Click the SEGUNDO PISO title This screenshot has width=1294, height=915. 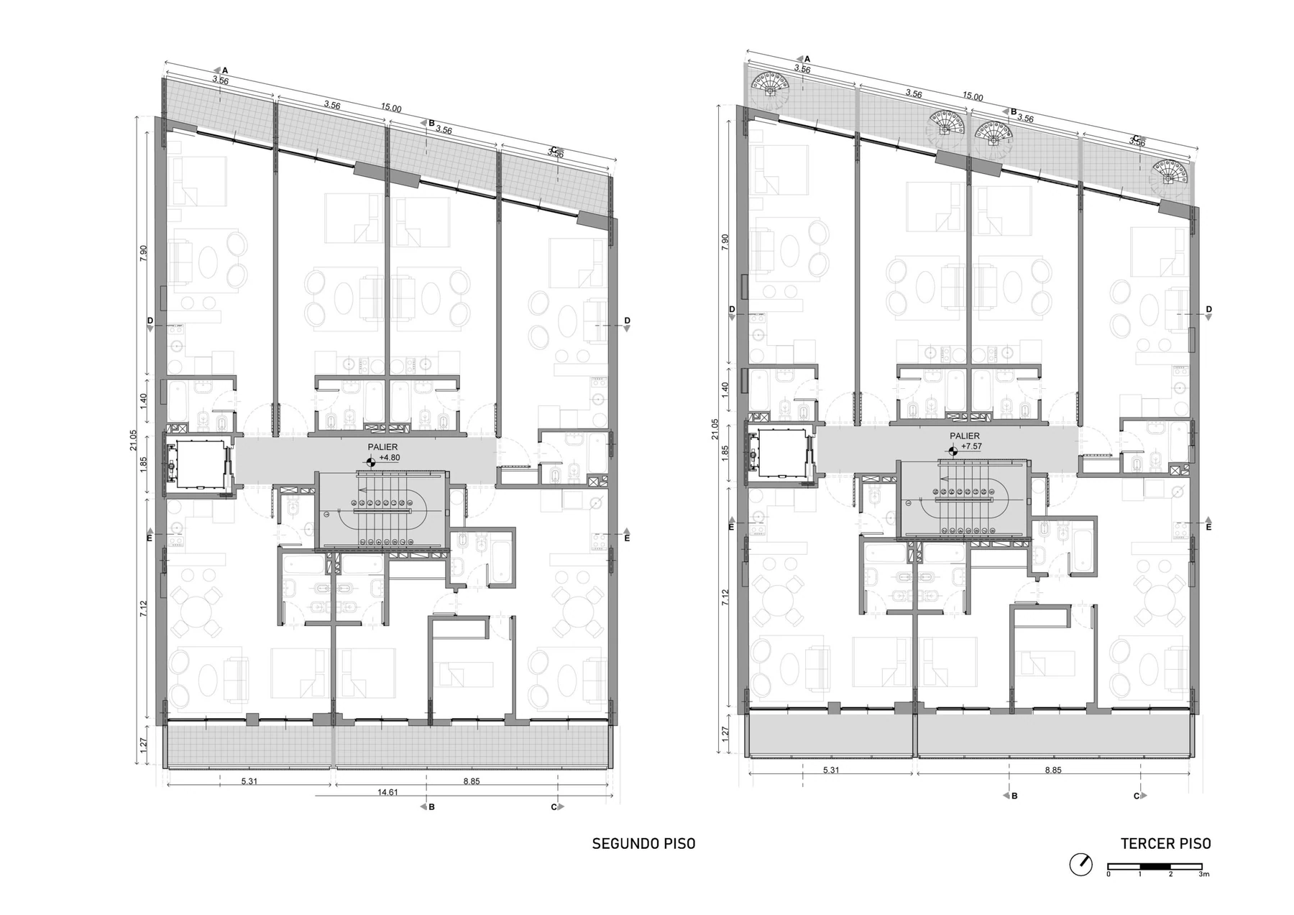[643, 844]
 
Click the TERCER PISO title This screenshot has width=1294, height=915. [1165, 844]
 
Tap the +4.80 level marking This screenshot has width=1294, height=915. [389, 457]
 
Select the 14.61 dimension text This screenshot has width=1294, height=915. [389, 792]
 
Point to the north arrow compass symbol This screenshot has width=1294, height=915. [1080, 864]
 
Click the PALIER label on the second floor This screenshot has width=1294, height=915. [382, 447]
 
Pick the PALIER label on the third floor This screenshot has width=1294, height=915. [964, 436]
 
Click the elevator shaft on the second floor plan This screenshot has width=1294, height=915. [198, 465]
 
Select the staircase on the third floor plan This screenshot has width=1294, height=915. [964, 500]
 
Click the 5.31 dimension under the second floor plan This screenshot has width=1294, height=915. [249, 781]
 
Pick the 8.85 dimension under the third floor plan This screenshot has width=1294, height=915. [1052, 771]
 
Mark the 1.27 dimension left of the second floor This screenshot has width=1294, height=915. [143, 748]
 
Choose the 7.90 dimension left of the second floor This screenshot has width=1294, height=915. [143, 254]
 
